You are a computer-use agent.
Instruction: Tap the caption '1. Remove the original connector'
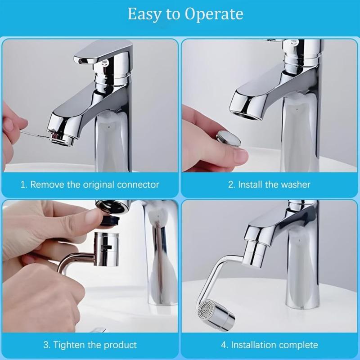click(x=90, y=184)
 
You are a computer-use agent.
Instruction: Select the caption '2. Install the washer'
click(x=269, y=184)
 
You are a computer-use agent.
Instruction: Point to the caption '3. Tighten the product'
click(x=90, y=345)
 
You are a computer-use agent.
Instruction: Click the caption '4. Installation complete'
click(x=270, y=345)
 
